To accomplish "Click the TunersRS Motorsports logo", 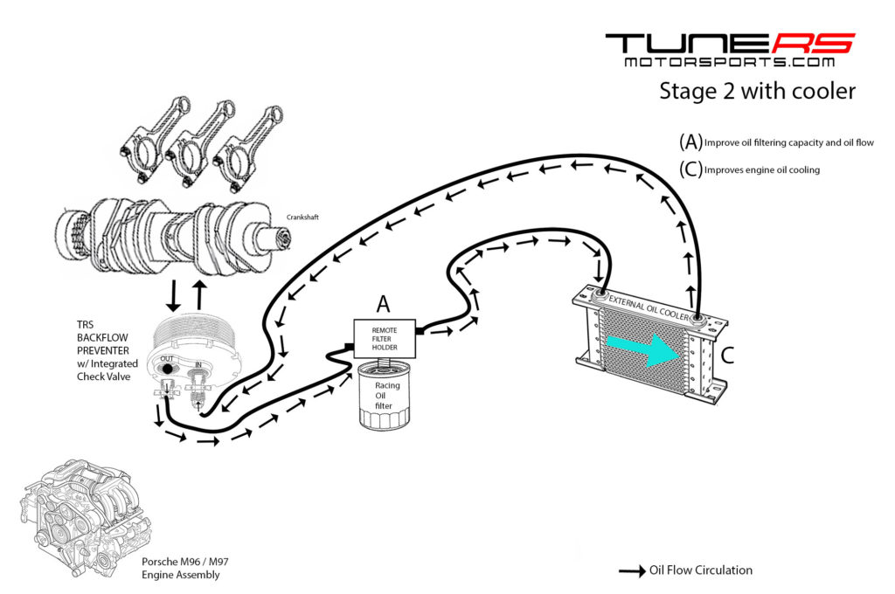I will (730, 50).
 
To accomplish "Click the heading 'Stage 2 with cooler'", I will (757, 91).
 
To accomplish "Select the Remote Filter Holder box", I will (384, 336).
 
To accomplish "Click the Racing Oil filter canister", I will (387, 397).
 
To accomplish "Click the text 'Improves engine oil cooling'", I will (761, 170).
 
